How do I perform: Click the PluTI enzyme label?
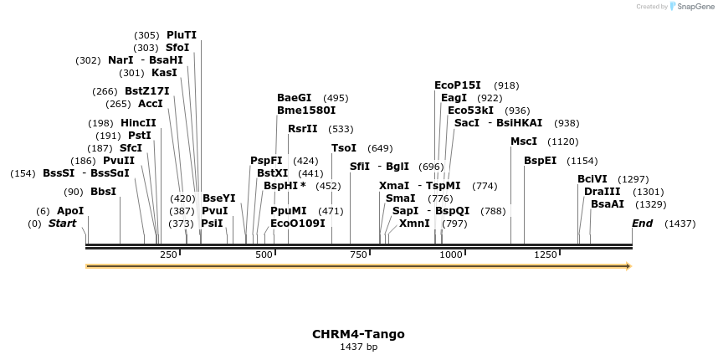click(182, 35)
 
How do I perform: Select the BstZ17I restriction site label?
click(146, 91)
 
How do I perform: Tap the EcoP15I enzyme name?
click(458, 85)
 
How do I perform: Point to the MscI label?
click(524, 141)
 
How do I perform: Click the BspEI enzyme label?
click(540, 161)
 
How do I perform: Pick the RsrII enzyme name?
click(303, 129)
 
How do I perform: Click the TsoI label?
click(344, 148)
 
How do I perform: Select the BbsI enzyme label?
click(103, 192)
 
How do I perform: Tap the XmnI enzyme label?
click(414, 224)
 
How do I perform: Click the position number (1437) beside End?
click(680, 224)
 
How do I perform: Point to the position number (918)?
click(506, 85)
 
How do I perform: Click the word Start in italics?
click(62, 224)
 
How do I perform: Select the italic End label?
click(642, 224)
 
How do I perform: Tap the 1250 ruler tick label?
click(546, 255)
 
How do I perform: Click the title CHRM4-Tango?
click(358, 334)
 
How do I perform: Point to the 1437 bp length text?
click(358, 347)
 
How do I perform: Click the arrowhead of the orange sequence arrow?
click(628, 266)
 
